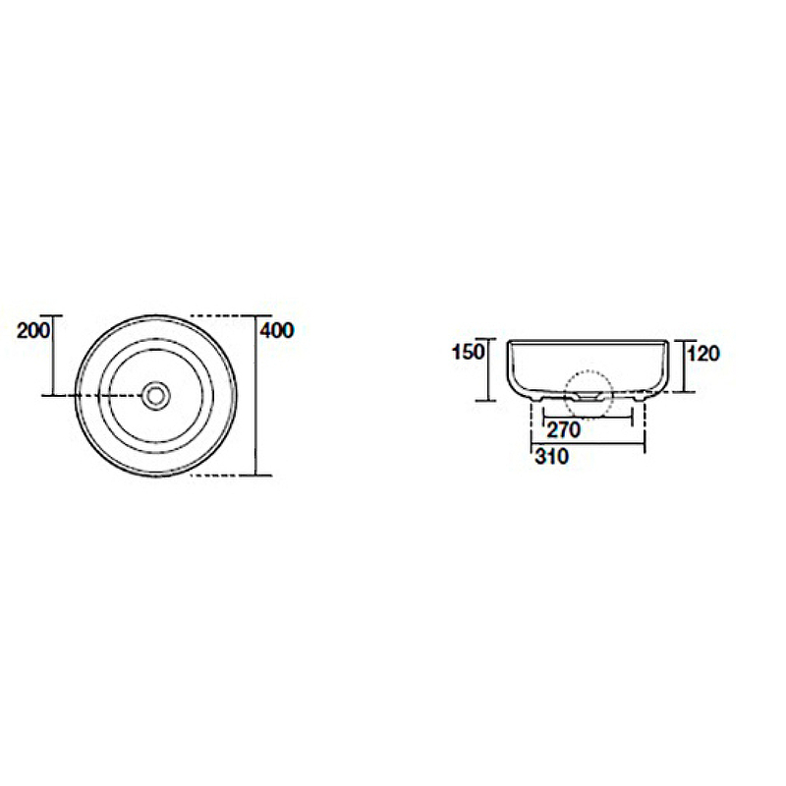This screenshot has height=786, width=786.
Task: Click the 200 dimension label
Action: pos(33,330)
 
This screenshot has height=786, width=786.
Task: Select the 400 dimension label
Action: pos(277,330)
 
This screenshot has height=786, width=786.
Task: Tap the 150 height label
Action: pos(469,352)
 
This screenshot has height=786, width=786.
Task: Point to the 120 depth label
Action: pos(703,354)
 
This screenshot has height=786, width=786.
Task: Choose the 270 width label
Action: pos(563,429)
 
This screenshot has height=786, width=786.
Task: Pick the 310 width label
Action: pos(552,456)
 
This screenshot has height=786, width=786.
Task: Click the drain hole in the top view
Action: pos(156,396)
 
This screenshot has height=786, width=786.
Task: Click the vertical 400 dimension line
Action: pos(256,396)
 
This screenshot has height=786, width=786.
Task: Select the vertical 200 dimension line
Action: pos(53,356)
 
